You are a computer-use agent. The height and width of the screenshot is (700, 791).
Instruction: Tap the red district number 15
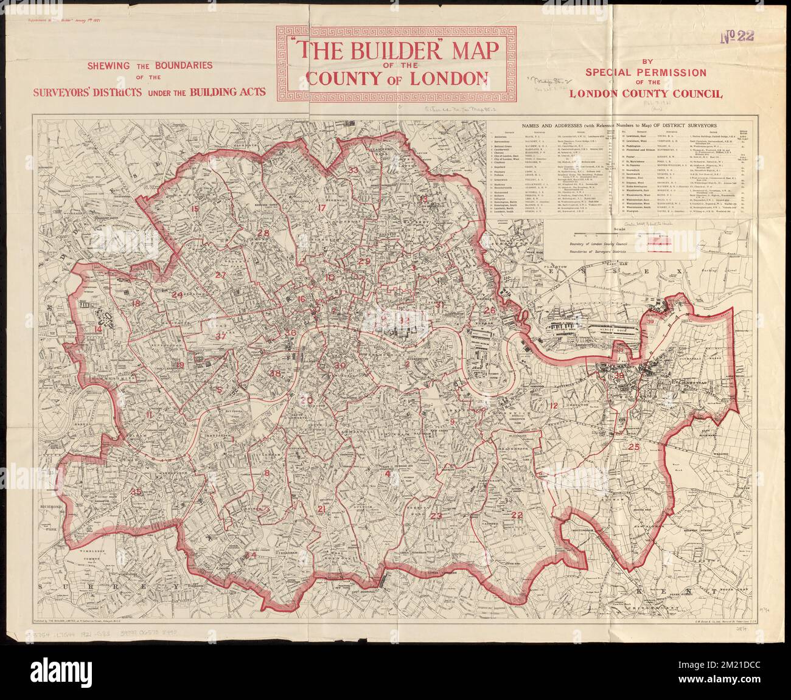pos(194,209)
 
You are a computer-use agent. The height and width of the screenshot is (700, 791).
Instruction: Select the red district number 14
pos(98,330)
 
